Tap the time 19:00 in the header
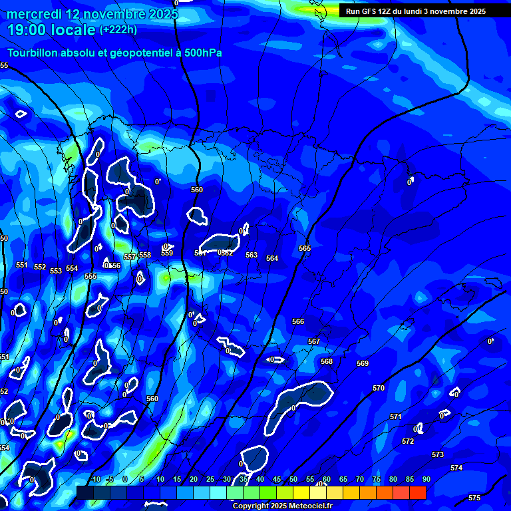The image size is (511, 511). coord(29,30)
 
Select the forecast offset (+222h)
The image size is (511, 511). coord(118,29)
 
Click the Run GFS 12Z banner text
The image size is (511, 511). coord(415,11)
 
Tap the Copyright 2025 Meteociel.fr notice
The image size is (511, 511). coord(282,506)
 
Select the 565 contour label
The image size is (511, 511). coord(305,248)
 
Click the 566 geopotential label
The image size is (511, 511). coord(298,321)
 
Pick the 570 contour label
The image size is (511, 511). coord(379,388)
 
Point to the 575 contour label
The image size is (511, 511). coord(474,498)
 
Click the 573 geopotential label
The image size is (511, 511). coord(438,454)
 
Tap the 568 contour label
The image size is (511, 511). coord(327,361)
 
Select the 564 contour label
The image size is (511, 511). coord(272,258)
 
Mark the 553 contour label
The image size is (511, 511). coord(56,271)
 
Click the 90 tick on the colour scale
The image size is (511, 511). coord(426,479)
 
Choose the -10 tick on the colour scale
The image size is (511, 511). coord(95,479)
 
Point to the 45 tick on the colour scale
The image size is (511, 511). coord(276,479)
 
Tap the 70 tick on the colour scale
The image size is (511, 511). coord(360,479)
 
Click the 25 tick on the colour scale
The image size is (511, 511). coord(210,479)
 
